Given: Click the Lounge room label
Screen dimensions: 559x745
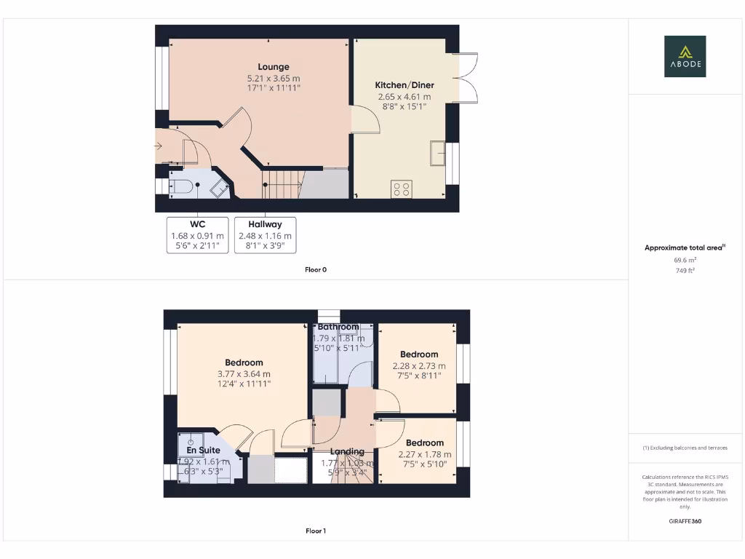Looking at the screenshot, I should tap(273, 67).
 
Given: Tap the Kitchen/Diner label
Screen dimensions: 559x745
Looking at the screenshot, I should tap(404, 85).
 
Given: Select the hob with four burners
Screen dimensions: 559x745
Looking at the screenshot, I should tap(401, 189).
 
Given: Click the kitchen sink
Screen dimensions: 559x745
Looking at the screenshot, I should tap(438, 153).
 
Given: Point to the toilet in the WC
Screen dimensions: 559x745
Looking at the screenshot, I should tap(183, 187).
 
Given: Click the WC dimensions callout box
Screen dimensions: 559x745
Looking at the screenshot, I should tap(197, 235).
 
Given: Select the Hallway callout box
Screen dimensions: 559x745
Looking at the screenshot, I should tap(265, 235).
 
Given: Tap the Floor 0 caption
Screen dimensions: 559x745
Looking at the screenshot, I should tap(316, 269).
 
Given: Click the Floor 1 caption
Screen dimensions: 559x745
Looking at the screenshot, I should tap(316, 531).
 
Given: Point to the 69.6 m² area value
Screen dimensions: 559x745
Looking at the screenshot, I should tap(685, 259).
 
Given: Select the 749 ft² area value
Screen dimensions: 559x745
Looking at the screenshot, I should tap(685, 270).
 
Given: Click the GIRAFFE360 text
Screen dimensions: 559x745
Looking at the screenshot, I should tap(685, 521).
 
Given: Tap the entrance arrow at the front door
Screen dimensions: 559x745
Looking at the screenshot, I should tap(159, 147).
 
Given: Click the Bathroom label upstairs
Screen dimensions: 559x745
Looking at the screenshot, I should tap(338, 327).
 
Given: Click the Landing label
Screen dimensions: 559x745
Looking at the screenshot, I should tap(347, 452).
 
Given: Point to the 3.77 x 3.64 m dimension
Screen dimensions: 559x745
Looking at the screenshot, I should tap(244, 374).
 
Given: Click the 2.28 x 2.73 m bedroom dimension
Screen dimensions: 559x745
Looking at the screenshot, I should tap(419, 366).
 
